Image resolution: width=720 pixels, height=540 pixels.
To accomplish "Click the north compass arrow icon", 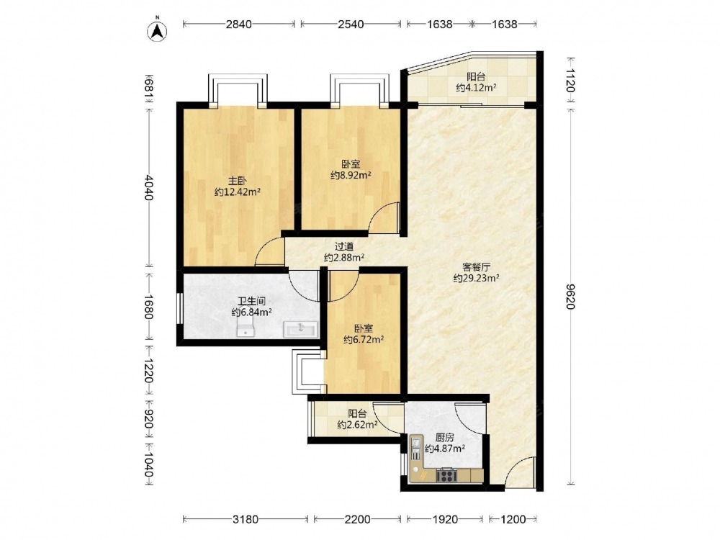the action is pyautogui.click(x=157, y=30).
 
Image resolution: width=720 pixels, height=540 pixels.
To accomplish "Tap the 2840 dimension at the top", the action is pyautogui.click(x=239, y=24).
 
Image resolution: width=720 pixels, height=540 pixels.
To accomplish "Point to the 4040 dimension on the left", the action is pyautogui.click(x=148, y=187).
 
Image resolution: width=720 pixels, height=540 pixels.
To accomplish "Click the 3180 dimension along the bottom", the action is pyautogui.click(x=246, y=519).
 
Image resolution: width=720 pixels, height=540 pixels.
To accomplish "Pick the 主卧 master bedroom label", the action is pyautogui.click(x=238, y=181).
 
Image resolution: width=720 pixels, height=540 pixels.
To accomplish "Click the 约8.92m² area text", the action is pyautogui.click(x=351, y=175).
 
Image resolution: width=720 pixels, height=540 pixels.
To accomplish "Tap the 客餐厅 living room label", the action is pyautogui.click(x=476, y=267).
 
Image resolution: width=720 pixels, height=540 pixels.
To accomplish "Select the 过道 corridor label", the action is pyautogui.click(x=344, y=246).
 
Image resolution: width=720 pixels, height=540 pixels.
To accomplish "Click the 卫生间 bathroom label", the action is pyautogui.click(x=251, y=302).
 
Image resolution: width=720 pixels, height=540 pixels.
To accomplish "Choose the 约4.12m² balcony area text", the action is pyautogui.click(x=476, y=87).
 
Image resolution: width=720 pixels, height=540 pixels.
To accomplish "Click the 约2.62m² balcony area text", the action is pyautogui.click(x=357, y=425).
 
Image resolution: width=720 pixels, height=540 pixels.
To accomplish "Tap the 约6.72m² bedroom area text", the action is pyautogui.click(x=364, y=339).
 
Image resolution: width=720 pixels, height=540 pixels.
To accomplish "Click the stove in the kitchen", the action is pyautogui.click(x=446, y=474).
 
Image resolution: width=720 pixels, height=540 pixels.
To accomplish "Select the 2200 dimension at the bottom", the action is pyautogui.click(x=357, y=519).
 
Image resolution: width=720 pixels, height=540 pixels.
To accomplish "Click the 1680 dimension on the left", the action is pyautogui.click(x=148, y=306).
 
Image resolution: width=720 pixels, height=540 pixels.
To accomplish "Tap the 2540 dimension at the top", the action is pyautogui.click(x=351, y=24).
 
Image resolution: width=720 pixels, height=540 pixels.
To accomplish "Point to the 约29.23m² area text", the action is pyautogui.click(x=476, y=278).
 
